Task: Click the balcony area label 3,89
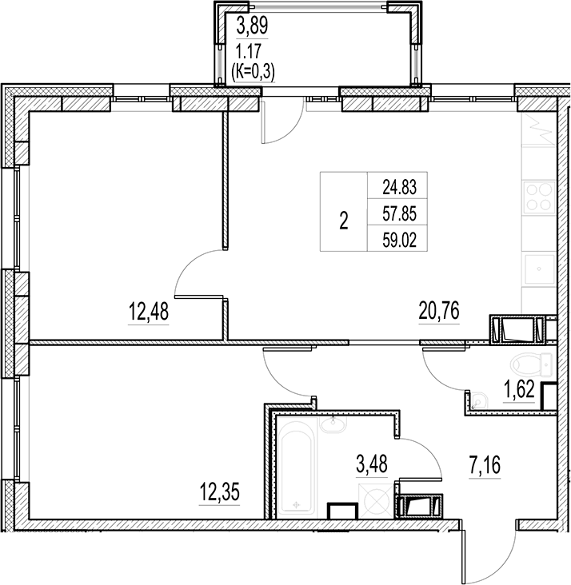[251, 26]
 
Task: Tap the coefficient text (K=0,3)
[253, 71]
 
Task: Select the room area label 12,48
[148, 312]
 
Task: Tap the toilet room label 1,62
[519, 391]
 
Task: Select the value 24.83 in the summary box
[401, 188]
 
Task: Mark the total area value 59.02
[401, 239]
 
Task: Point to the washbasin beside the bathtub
[331, 424]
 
